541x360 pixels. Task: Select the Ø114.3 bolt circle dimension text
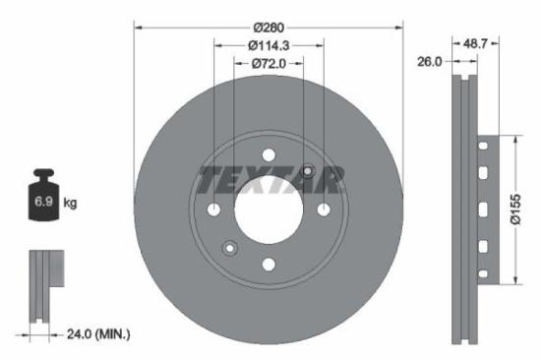click(268, 45)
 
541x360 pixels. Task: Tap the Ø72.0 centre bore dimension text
click(269, 64)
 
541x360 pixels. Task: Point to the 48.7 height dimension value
click(475, 43)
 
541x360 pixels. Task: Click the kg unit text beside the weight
click(71, 204)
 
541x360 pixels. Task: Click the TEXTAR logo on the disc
click(270, 180)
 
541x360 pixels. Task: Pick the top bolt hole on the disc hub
click(269, 155)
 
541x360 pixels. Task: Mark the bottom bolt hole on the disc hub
click(269, 263)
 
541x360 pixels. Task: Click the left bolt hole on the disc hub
click(214, 210)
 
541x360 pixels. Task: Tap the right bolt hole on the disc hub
click(323, 210)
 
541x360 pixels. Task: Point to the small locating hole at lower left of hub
click(230, 247)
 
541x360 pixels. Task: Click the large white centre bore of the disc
click(269, 210)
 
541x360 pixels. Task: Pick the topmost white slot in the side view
click(481, 147)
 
